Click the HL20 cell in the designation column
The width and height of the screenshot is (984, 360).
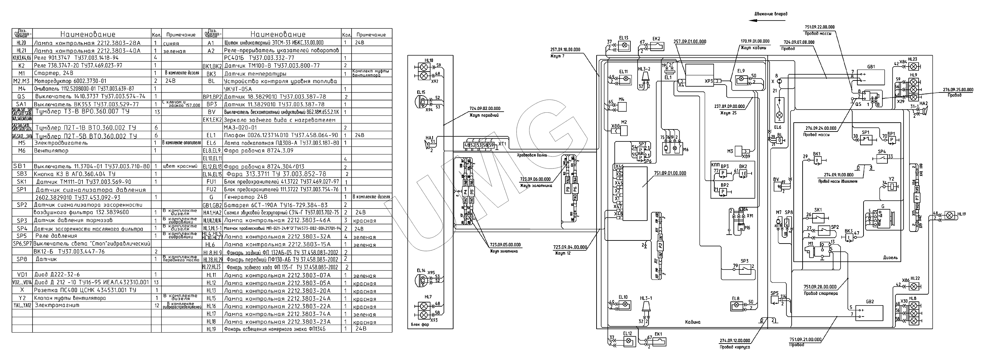pos(22,43)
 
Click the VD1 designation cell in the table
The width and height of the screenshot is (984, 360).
pos(22,274)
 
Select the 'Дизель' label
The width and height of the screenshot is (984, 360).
pos(891,258)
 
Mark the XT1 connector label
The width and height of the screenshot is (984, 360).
pos(502,144)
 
